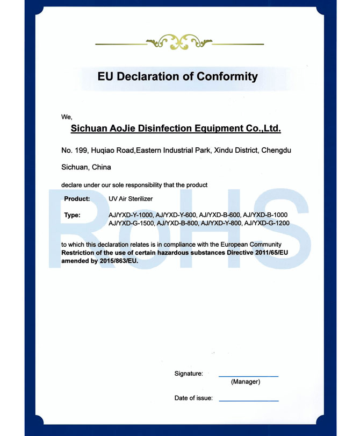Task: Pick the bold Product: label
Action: point(77,199)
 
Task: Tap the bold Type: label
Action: point(72,216)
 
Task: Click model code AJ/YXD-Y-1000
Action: point(131,216)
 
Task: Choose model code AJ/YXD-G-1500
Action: point(131,223)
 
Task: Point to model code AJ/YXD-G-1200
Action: point(267,223)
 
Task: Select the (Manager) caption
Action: point(245,382)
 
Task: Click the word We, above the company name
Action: point(67,117)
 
